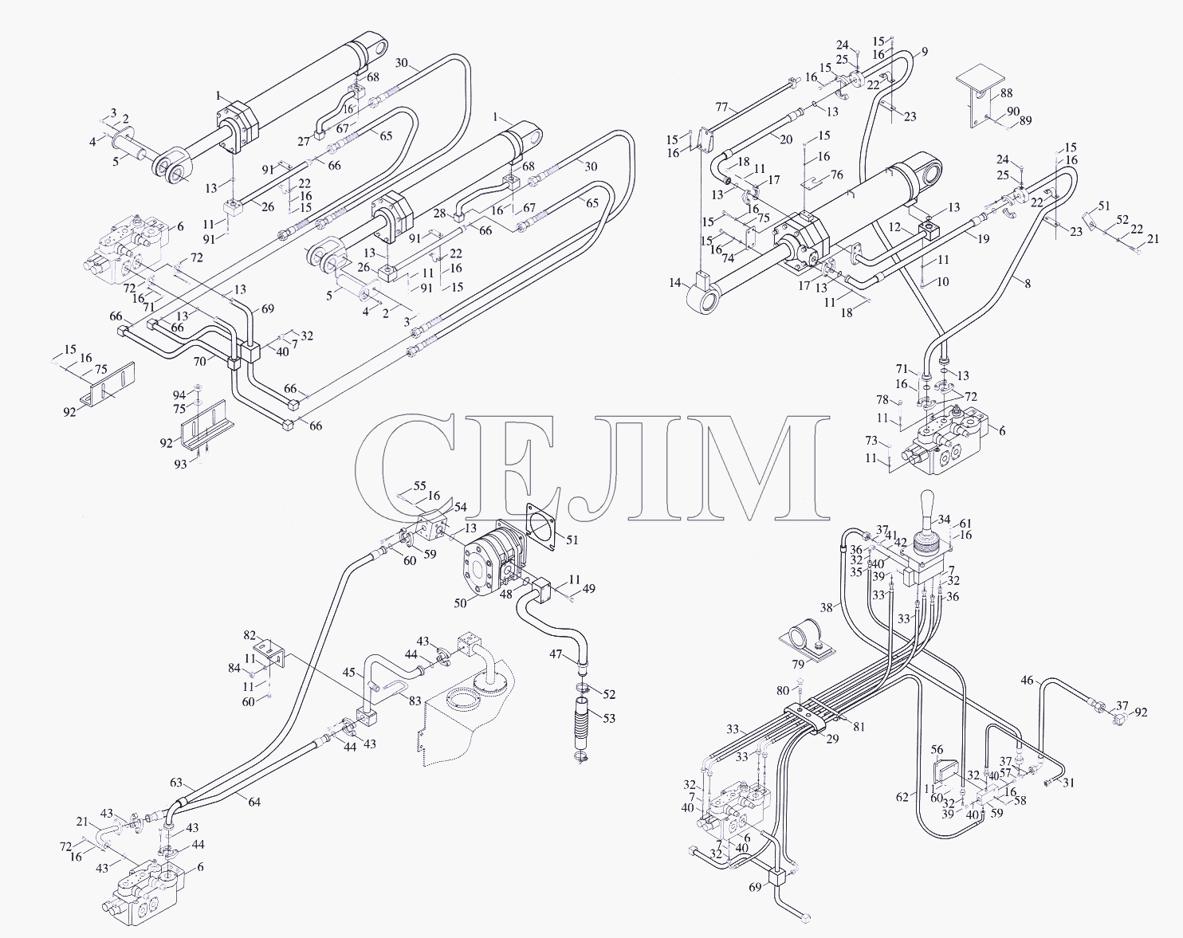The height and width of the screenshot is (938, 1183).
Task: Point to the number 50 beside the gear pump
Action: coord(460,602)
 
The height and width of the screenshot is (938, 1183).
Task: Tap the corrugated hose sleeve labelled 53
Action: coord(582,724)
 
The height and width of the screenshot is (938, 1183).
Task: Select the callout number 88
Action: coord(1007,93)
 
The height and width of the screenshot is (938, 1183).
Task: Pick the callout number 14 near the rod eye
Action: coord(675,283)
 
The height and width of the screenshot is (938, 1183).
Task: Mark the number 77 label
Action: coord(722,107)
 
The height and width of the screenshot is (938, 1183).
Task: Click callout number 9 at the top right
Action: coord(925,52)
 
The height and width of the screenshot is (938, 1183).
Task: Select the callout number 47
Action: coord(556,654)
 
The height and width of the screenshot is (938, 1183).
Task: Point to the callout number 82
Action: coord(250,635)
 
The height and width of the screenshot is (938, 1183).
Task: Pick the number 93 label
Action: coord(181,464)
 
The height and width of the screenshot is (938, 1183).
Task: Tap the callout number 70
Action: coord(199,361)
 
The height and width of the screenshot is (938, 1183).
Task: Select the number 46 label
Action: coord(1027,681)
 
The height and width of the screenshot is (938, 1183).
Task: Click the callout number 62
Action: coord(902,797)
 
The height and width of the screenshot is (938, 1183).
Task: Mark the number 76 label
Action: coord(837,175)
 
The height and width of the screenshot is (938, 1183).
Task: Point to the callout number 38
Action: coord(827,607)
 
